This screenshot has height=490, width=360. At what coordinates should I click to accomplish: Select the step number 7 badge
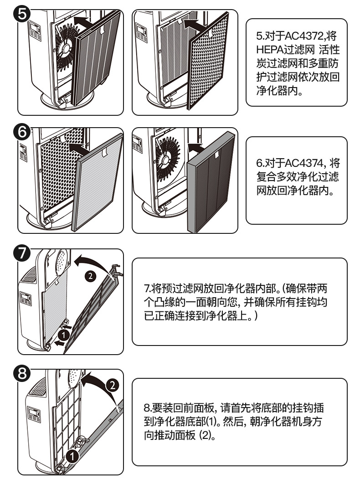click(23, 254)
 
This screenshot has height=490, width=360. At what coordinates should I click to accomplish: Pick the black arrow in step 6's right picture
click(196, 147)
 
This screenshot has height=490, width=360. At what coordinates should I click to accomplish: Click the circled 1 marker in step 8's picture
click(71, 455)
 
